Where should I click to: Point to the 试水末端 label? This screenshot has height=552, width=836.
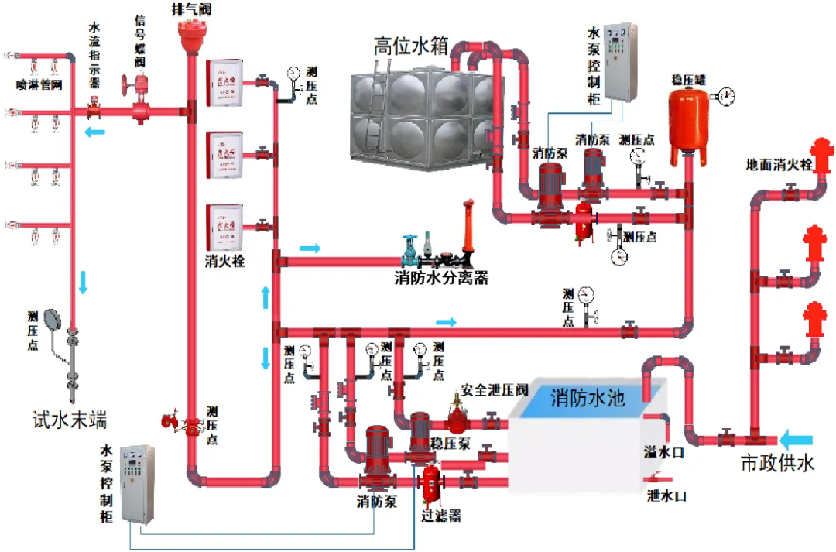tap(69, 420)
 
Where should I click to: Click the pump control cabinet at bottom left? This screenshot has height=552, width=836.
tap(138, 483)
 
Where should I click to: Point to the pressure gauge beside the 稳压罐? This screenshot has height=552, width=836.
tap(726, 97)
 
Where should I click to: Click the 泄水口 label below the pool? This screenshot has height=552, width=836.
tap(666, 495)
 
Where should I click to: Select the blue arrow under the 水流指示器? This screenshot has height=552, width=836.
tap(94, 132)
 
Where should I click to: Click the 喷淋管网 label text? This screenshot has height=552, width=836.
tap(39, 83)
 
